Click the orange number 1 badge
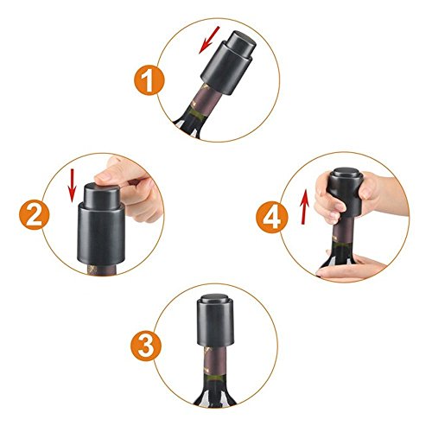(149, 79)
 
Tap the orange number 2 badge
(35, 214)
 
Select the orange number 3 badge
(146, 346)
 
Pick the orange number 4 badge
(272, 217)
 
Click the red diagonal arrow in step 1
(209, 40)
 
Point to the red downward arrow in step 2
(72, 185)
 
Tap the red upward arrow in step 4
(304, 206)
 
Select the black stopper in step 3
(215, 320)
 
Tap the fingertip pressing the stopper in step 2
(105, 176)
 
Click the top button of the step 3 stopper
(215, 298)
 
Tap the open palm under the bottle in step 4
(350, 269)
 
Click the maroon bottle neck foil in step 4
(343, 231)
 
